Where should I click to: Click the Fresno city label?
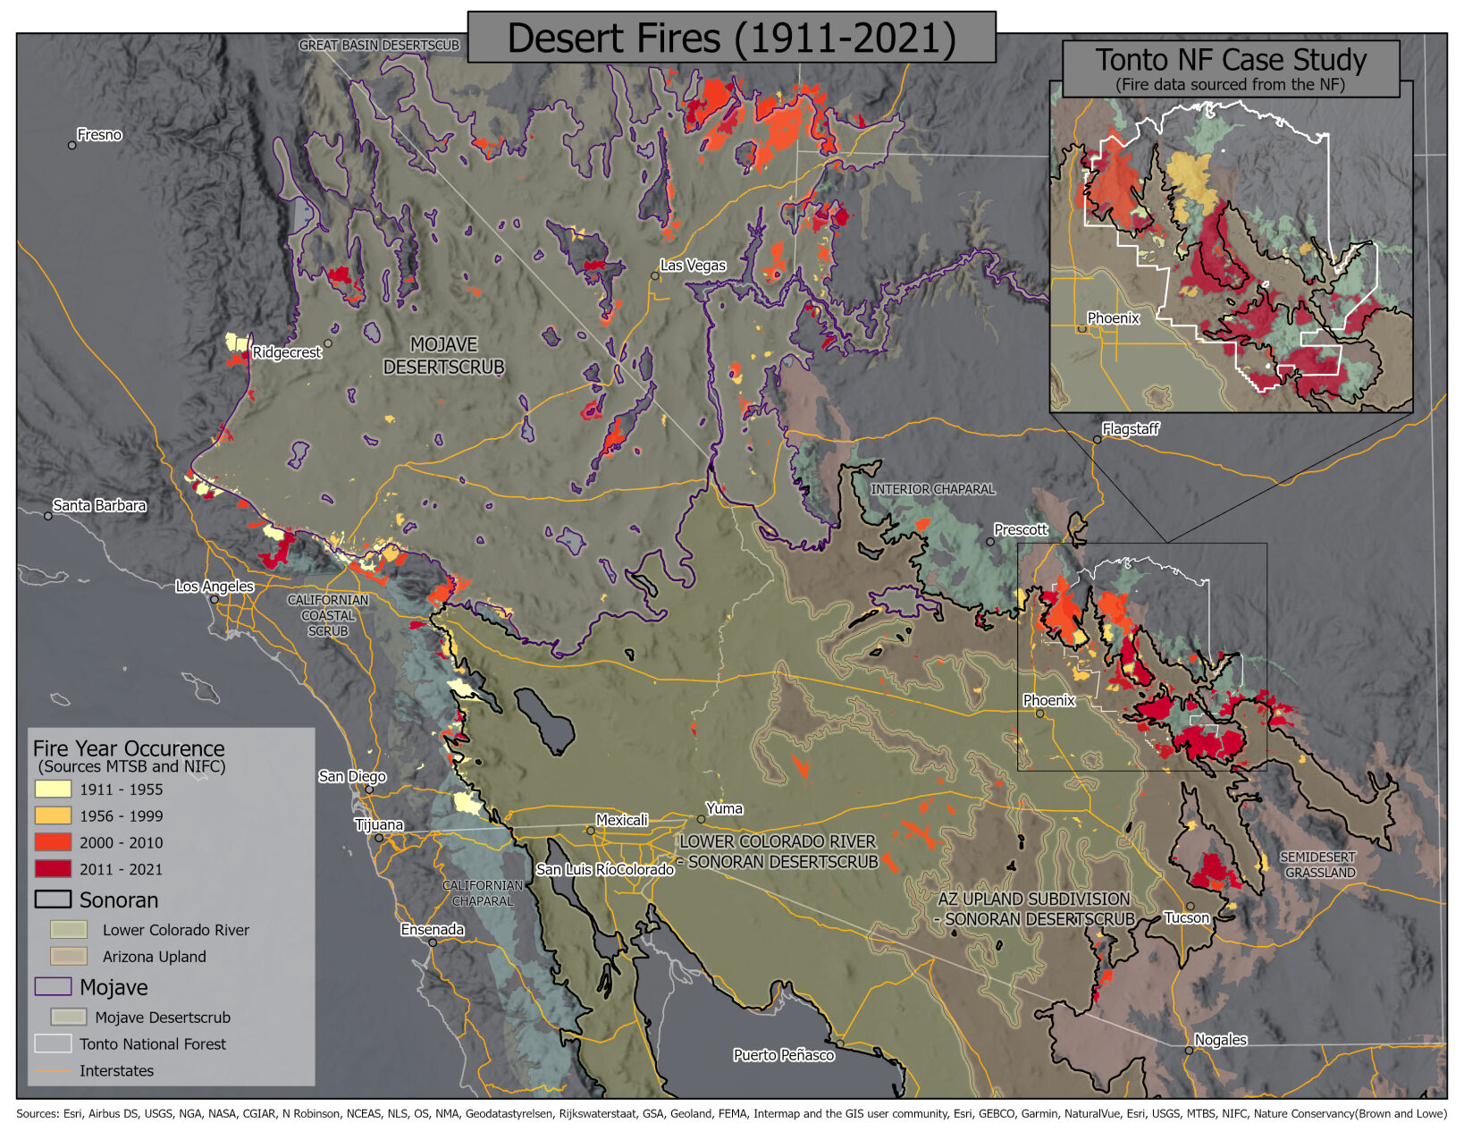click(x=98, y=135)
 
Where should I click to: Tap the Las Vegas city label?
click(x=693, y=266)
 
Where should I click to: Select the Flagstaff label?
click(x=1130, y=429)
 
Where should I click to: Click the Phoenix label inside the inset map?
click(x=1113, y=318)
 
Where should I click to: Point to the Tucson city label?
click(x=1186, y=918)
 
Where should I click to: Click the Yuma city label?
click(x=724, y=809)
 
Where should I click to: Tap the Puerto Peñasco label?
click(x=784, y=1055)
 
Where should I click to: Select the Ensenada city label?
click(x=433, y=930)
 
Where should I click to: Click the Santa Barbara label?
click(x=99, y=506)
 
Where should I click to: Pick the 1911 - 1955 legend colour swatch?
click(x=53, y=789)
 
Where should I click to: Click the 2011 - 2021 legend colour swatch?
click(x=53, y=868)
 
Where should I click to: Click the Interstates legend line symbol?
click(x=53, y=1070)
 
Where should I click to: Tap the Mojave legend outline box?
click(x=53, y=986)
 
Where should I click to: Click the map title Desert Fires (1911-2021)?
click(x=731, y=38)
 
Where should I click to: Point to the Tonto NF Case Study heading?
click(x=1231, y=61)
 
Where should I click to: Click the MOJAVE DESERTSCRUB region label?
click(x=443, y=356)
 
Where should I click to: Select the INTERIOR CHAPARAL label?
click(x=932, y=489)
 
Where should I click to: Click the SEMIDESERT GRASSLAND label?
click(x=1318, y=865)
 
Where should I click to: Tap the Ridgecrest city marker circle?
click(x=328, y=343)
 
